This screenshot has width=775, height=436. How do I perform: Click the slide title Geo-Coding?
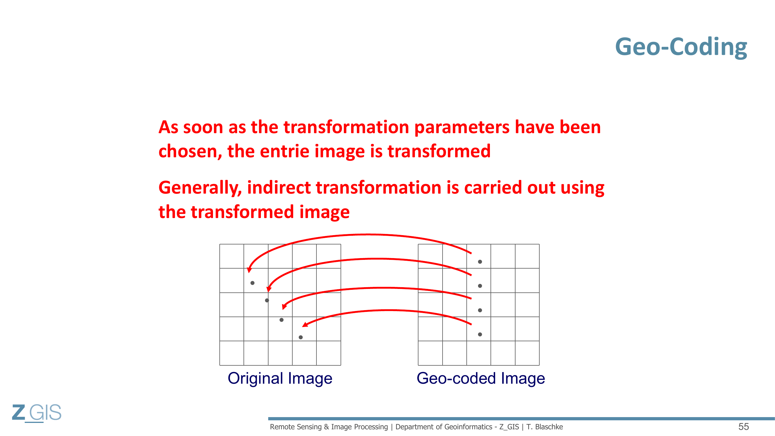click(681, 47)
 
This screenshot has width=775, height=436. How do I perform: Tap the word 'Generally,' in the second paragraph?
click(200, 188)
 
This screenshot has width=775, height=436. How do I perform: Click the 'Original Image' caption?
click(280, 378)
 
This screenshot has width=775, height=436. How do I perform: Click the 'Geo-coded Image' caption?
click(481, 378)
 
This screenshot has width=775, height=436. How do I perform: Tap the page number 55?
click(744, 427)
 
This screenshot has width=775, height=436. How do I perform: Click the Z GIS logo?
click(37, 413)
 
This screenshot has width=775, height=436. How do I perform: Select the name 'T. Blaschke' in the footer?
click(545, 427)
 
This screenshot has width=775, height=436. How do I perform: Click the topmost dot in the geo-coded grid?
click(480, 262)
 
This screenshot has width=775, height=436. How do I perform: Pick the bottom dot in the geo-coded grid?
click(480, 334)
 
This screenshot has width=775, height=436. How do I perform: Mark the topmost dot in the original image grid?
click(253, 283)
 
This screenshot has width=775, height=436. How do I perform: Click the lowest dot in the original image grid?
click(300, 337)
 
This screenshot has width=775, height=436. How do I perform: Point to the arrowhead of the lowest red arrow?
click(305, 325)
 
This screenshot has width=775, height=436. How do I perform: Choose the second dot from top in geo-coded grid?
click(480, 286)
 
